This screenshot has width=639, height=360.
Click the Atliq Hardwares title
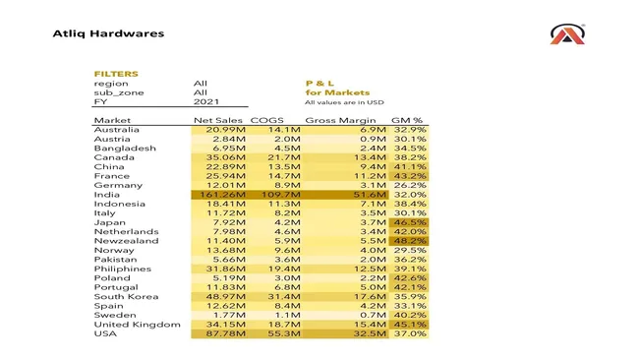[108, 33]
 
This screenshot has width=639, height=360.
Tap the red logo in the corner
[568, 35]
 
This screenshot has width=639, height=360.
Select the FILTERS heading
[116, 74]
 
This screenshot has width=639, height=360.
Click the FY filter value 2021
[206, 102]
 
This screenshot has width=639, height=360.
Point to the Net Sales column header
[217, 120]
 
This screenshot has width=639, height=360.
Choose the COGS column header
[267, 120]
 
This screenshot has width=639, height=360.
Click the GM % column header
[407, 120]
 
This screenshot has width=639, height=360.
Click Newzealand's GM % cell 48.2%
[408, 241]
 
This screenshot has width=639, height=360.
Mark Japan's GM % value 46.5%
[408, 223]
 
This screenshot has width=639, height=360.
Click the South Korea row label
[124, 297]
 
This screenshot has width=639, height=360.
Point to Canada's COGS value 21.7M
[269, 157]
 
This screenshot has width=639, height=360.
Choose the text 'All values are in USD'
[343, 102]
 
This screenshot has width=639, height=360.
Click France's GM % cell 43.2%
[408, 176]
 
